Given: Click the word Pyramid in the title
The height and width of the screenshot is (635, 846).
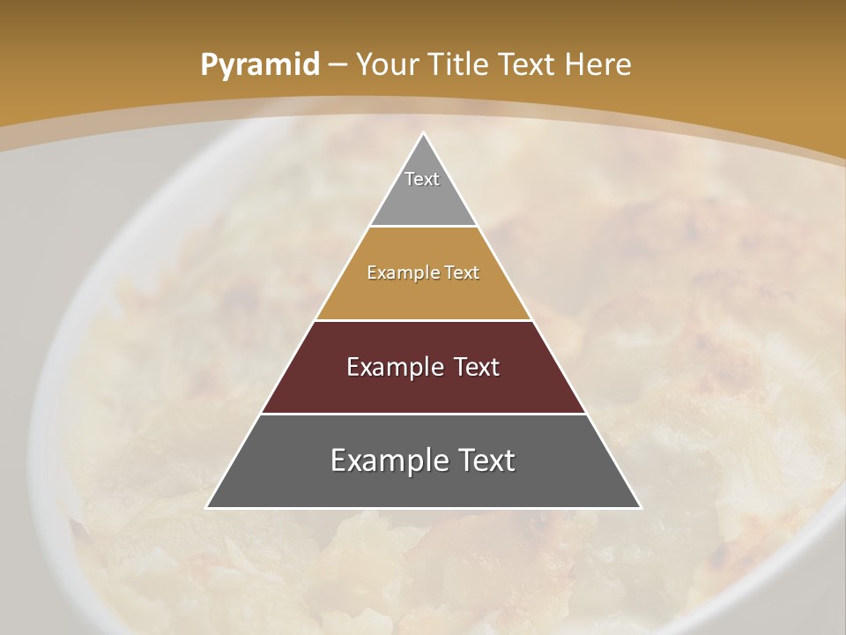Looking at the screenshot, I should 259,65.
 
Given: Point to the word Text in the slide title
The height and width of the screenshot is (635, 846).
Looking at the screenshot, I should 528,64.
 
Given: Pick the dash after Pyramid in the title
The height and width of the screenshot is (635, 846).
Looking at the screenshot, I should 337,65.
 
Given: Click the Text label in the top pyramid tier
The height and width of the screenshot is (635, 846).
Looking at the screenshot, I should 422,179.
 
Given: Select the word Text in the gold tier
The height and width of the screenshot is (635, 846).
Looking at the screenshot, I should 462,273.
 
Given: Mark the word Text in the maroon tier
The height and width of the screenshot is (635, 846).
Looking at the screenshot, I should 477,367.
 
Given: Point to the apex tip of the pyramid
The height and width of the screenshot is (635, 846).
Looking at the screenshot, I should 423,134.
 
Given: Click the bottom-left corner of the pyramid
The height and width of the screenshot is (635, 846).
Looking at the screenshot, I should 208,507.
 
